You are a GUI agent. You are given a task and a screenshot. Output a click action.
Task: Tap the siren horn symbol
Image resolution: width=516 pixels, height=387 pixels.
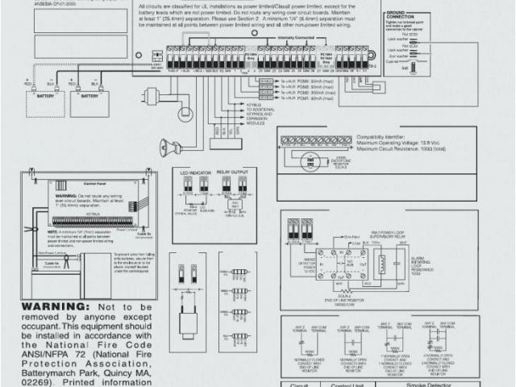point(170,148)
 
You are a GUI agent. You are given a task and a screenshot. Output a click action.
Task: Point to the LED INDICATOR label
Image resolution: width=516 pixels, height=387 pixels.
point(196,172)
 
